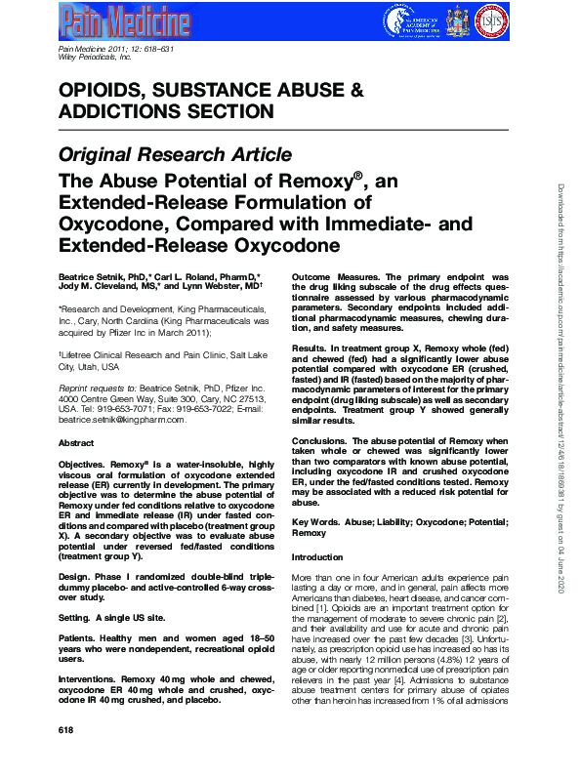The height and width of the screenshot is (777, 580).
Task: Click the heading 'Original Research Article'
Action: [x=175, y=154]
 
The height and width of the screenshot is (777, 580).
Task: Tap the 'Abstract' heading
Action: [x=76, y=442]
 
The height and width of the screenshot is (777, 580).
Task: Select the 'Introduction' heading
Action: [x=318, y=556]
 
